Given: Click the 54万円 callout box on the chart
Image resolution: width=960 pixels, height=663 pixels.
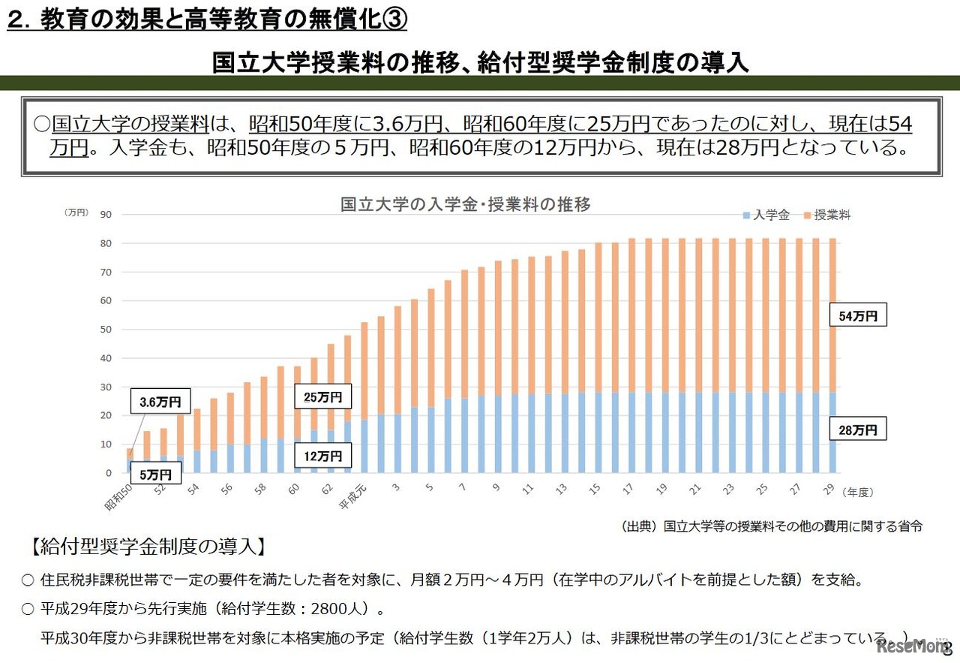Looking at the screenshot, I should (x=858, y=316).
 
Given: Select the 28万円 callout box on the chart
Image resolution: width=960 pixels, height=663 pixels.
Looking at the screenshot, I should (x=858, y=430).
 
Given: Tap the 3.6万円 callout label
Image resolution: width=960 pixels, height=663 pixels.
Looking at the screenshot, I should (x=160, y=402).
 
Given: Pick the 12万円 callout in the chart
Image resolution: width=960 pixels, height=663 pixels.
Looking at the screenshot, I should (x=322, y=455).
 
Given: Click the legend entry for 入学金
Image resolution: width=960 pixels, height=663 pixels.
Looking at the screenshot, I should (x=766, y=215).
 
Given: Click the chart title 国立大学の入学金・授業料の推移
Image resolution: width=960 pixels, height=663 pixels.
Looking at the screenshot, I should (x=466, y=204).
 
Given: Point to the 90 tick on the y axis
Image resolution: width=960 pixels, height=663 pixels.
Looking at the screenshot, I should (x=105, y=215).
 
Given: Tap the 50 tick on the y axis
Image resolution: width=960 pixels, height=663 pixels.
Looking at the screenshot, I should (x=105, y=330).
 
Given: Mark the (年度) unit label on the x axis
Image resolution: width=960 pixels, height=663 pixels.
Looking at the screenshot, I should (x=857, y=492).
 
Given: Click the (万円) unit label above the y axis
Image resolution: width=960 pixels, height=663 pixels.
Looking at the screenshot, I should (x=76, y=213).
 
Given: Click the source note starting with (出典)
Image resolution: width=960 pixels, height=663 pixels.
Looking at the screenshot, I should (x=772, y=526).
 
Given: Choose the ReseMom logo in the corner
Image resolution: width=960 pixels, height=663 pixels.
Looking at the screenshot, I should (x=912, y=646).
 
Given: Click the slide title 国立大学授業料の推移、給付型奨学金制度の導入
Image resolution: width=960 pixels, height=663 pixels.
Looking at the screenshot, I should (x=480, y=62).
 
